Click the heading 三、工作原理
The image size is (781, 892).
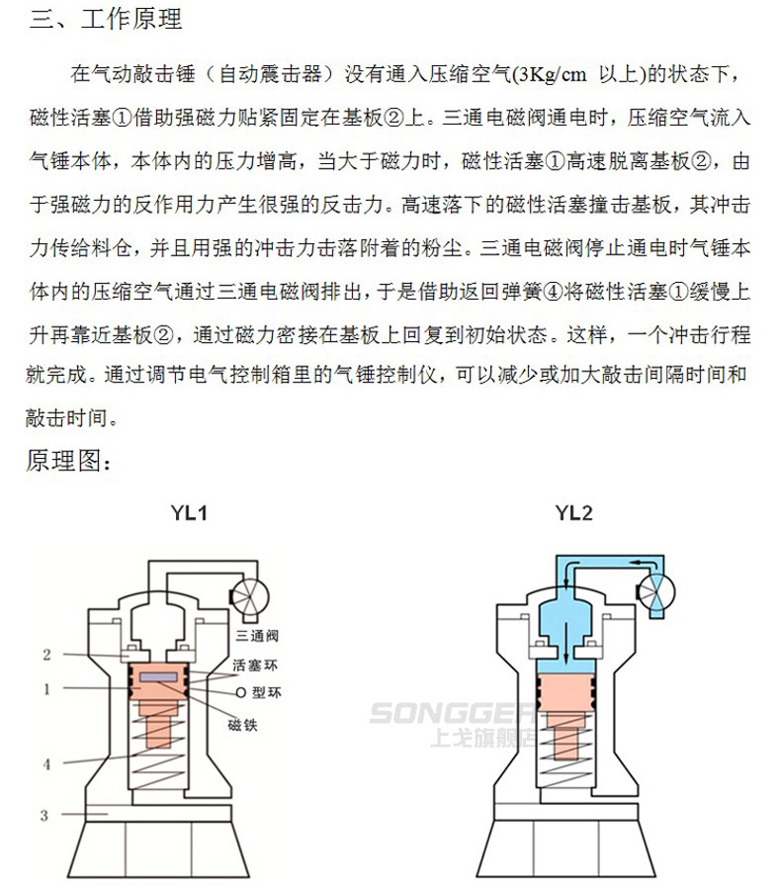106,20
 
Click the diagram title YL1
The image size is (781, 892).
190,513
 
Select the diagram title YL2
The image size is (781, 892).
574,513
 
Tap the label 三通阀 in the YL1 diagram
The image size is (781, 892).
257,636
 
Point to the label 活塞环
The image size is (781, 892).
255,665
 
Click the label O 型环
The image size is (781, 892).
258,692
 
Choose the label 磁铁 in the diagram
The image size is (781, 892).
242,725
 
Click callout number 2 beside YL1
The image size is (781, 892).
46,655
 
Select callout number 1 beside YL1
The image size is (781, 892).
46,689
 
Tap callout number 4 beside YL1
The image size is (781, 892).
46,764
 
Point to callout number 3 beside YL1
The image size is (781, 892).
44,815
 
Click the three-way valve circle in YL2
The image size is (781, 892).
655,591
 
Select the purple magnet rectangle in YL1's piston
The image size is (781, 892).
159,677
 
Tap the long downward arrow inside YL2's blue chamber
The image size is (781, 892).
566,643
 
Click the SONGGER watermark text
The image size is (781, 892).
452,713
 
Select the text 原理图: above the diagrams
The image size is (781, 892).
68,460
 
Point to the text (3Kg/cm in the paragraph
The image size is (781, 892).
550,74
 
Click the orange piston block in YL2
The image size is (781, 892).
566,692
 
